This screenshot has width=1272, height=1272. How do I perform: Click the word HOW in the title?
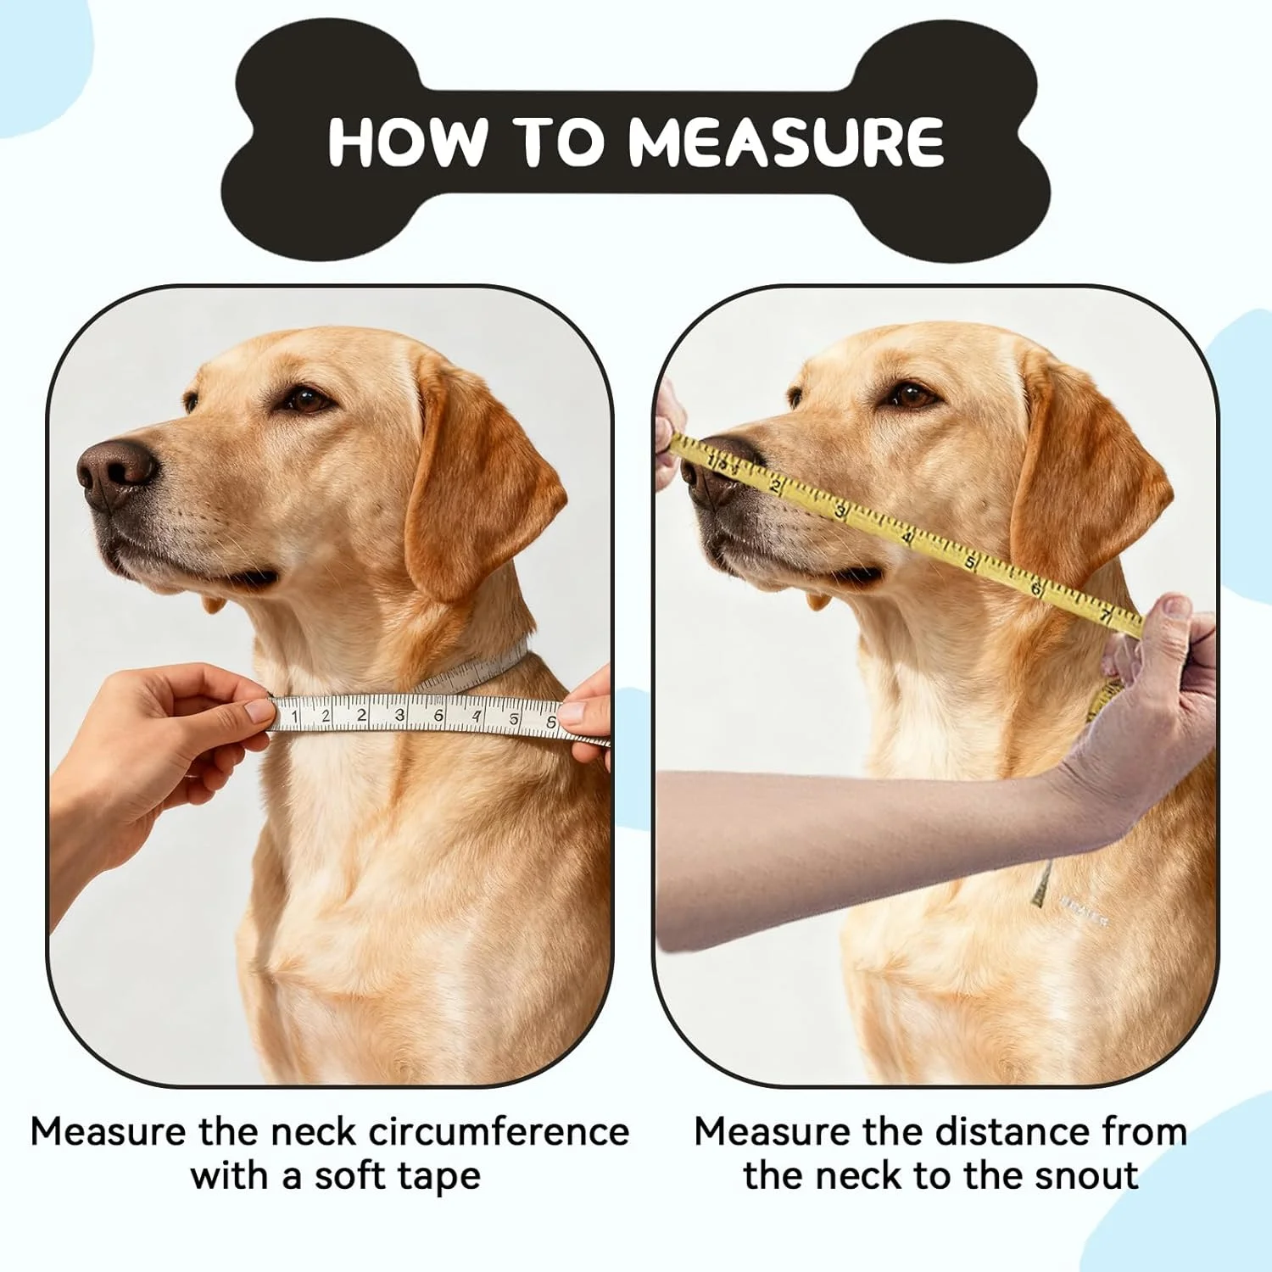408,141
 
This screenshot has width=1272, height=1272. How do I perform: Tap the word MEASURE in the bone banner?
786,142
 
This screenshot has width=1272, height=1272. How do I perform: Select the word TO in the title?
558,141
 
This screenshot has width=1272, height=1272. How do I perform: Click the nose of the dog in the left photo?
115,472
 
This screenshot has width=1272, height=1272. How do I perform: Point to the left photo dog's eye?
307,399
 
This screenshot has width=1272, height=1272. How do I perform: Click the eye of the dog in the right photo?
910,395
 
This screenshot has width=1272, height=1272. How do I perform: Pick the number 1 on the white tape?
294,717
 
